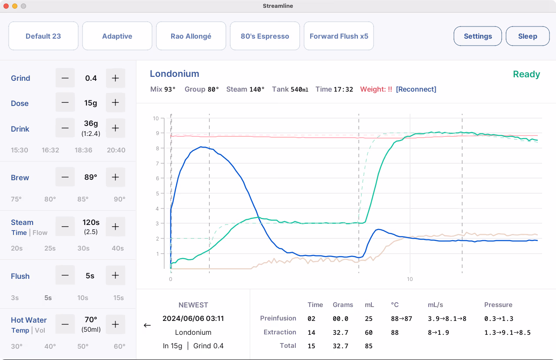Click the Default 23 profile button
pyautogui.click(x=43, y=36)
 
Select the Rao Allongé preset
pyautogui.click(x=191, y=36)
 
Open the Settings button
pyautogui.click(x=477, y=36)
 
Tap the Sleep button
pyautogui.click(x=527, y=36)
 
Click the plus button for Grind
pyautogui.click(x=115, y=78)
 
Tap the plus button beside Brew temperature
pyautogui.click(x=115, y=177)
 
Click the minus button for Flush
pyautogui.click(x=65, y=275)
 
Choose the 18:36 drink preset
pyautogui.click(x=83, y=150)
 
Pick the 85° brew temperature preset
pyautogui.click(x=83, y=199)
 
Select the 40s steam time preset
pyautogui.click(x=118, y=248)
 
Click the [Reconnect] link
pyautogui.click(x=416, y=89)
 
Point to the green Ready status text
pyautogui.click(x=526, y=74)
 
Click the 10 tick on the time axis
pyautogui.click(x=410, y=279)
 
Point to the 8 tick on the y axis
pyautogui.click(x=157, y=149)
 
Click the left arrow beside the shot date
pyautogui.click(x=147, y=325)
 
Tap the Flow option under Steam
pyautogui.click(x=40, y=233)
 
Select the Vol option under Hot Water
pyautogui.click(x=40, y=330)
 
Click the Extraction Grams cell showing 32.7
pyautogui.click(x=340, y=333)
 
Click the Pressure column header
pyautogui.click(x=498, y=305)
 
